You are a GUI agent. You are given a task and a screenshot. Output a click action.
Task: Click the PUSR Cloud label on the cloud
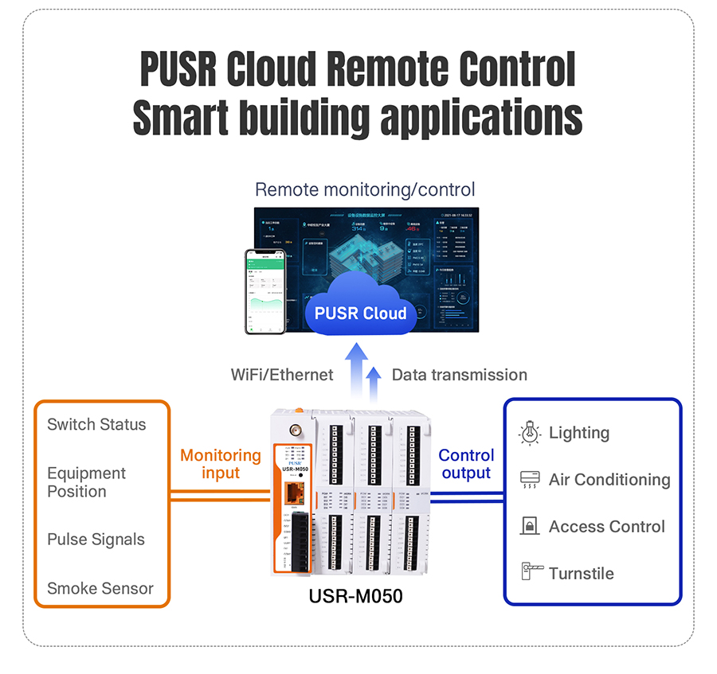pyautogui.click(x=360, y=313)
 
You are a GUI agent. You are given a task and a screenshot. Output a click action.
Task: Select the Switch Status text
pyautogui.click(x=96, y=424)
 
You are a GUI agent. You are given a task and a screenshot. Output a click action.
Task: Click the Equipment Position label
pyautogui.click(x=86, y=482)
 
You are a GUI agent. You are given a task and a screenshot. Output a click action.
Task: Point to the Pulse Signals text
pyautogui.click(x=96, y=540)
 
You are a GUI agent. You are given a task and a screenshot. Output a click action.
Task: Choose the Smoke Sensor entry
pyautogui.click(x=100, y=589)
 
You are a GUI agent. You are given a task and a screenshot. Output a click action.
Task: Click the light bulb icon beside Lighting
pyautogui.click(x=530, y=432)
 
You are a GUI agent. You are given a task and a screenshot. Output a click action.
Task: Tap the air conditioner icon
pyautogui.click(x=530, y=479)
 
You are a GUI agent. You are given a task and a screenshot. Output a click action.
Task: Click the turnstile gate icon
pyautogui.click(x=531, y=572)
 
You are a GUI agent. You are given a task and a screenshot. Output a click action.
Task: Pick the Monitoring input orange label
pyautogui.click(x=221, y=464)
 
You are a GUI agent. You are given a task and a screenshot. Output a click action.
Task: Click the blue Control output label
pyautogui.click(x=466, y=464)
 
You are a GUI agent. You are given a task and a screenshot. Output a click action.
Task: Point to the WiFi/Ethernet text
pyautogui.click(x=282, y=374)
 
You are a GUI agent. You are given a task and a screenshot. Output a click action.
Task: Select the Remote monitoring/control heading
pyautogui.click(x=365, y=189)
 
